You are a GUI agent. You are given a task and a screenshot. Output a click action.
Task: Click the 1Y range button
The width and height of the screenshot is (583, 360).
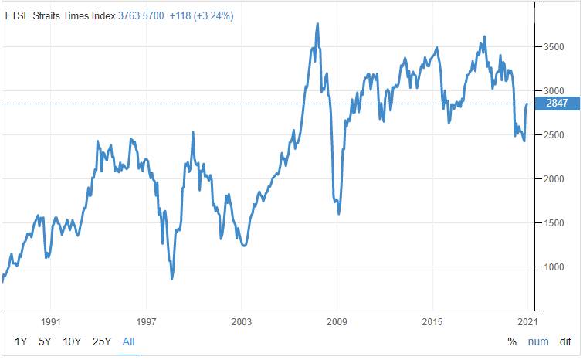point(21,341)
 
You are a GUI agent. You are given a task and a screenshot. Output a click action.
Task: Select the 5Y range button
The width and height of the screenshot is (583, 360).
point(46,341)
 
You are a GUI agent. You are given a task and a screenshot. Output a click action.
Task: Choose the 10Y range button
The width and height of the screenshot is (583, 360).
point(72,341)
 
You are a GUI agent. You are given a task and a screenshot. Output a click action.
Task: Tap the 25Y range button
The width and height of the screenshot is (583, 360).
point(101,341)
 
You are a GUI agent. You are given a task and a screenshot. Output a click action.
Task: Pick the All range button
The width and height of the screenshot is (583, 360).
point(128,341)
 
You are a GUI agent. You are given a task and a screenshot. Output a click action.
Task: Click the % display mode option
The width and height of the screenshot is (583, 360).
point(512,341)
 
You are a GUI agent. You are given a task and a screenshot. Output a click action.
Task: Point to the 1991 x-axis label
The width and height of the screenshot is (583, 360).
point(51,319)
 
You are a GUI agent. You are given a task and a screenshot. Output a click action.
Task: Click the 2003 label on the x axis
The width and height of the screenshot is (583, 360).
point(242,319)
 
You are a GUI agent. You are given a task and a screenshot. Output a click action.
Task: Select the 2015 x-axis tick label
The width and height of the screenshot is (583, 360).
point(432,319)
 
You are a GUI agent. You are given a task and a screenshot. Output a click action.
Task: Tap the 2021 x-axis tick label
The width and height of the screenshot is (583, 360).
point(528,319)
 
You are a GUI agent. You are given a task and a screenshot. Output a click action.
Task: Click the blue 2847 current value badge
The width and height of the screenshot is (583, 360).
point(556,104)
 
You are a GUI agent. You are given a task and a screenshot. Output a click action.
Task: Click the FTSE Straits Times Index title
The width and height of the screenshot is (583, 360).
point(60,15)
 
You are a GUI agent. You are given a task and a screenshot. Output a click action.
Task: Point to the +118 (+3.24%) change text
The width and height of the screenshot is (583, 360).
point(207,15)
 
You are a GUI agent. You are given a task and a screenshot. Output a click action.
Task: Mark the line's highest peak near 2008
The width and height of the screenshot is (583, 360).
point(318,24)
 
